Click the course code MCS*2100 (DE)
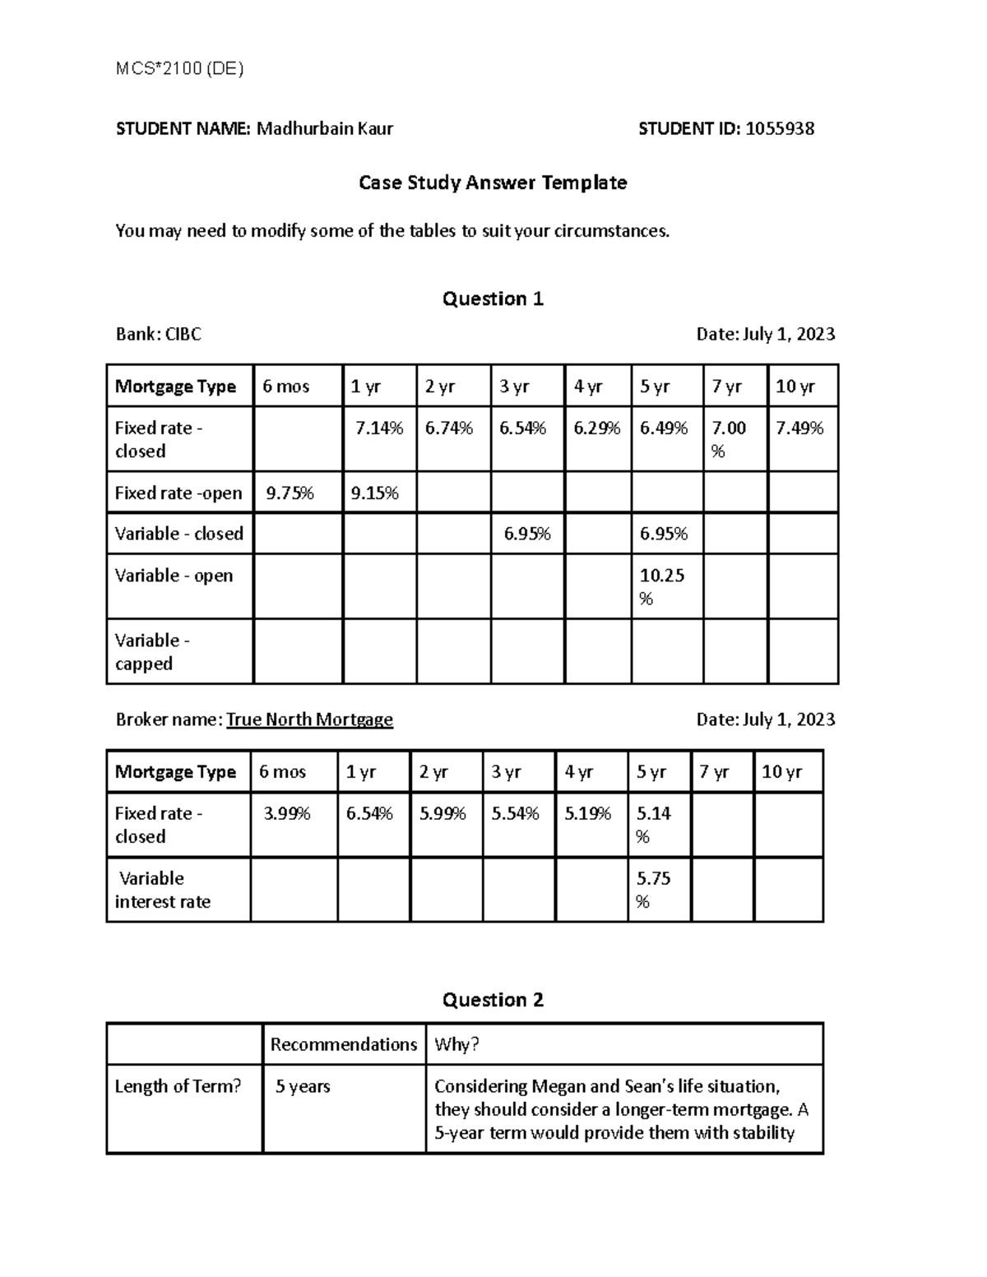[179, 69]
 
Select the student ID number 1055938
[779, 128]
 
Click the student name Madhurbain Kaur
[325, 128]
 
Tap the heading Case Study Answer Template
[493, 183]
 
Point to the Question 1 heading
[493, 298]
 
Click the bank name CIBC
[183, 334]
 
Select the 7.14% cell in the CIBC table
[378, 428]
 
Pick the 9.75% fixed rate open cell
[289, 493]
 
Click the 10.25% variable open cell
[662, 586]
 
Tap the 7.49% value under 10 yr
[799, 428]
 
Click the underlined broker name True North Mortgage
[309, 719]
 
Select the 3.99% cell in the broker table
[286, 814]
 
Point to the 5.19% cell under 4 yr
[587, 814]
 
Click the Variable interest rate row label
[162, 890]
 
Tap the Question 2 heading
[493, 1000]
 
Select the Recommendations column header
[343, 1044]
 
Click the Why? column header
[456, 1044]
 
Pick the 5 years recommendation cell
[303, 1086]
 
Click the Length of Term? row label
[178, 1086]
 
